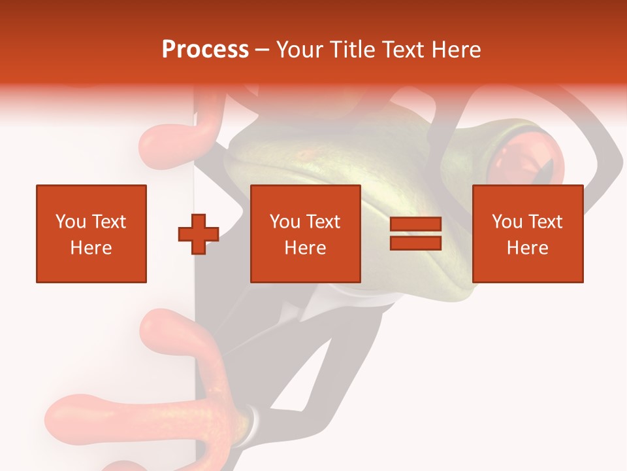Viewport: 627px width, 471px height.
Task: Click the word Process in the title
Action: pyautogui.click(x=205, y=50)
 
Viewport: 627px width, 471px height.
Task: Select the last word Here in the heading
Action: pyautogui.click(x=457, y=50)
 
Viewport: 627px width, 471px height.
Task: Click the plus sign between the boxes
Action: pyautogui.click(x=199, y=234)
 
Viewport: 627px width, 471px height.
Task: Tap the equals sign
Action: pyautogui.click(x=416, y=234)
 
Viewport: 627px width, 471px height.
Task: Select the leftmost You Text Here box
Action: pyautogui.click(x=91, y=234)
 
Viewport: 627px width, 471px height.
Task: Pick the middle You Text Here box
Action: pyautogui.click(x=306, y=234)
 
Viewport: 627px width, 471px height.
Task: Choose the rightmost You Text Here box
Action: pyautogui.click(x=528, y=234)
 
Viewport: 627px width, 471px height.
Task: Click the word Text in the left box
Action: pyautogui.click(x=108, y=222)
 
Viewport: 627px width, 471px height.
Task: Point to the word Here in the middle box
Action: pyautogui.click(x=306, y=248)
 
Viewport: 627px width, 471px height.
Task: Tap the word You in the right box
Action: pyautogui.click(x=507, y=222)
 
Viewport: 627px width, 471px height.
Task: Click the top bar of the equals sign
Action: pyautogui.click(x=416, y=224)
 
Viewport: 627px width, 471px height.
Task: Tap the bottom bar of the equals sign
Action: pyautogui.click(x=416, y=243)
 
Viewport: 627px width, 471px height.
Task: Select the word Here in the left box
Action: pyautogui.click(x=91, y=248)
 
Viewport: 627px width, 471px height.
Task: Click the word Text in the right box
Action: pyautogui.click(x=545, y=222)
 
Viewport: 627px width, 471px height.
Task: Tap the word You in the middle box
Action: pyautogui.click(x=285, y=222)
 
